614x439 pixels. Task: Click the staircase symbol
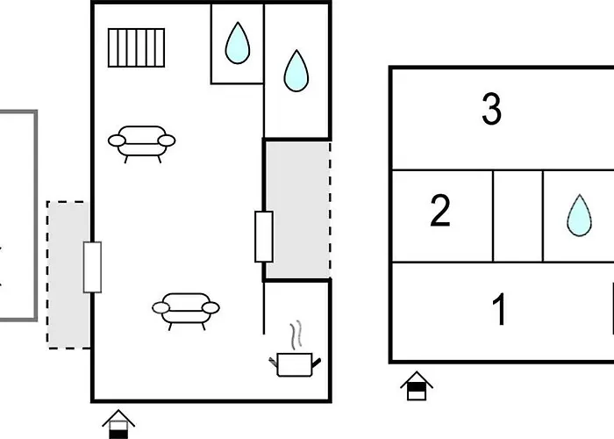[x=136, y=47]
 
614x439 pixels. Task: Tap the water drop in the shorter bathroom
[x=238, y=44]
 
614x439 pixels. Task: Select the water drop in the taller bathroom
[x=296, y=71]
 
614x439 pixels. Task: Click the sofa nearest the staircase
[x=142, y=143]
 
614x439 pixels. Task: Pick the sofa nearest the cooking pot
[x=186, y=311]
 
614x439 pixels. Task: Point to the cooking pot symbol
[x=295, y=364]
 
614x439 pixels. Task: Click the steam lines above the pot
[x=296, y=335]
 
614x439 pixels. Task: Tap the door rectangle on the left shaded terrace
[x=92, y=267]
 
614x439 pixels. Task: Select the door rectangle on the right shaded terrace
[x=264, y=237]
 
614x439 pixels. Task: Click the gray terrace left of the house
[x=68, y=275]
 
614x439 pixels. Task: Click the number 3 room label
[x=491, y=109]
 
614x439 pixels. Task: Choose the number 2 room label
[x=440, y=211]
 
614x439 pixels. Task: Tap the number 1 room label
[x=499, y=310]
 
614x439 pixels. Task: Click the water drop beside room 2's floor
[x=580, y=215]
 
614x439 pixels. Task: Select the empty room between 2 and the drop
[x=518, y=216]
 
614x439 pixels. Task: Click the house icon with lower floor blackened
[x=118, y=425]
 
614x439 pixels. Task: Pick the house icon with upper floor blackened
[x=417, y=385]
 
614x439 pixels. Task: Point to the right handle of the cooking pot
[x=316, y=363]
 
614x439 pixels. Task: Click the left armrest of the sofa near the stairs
[x=117, y=140]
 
